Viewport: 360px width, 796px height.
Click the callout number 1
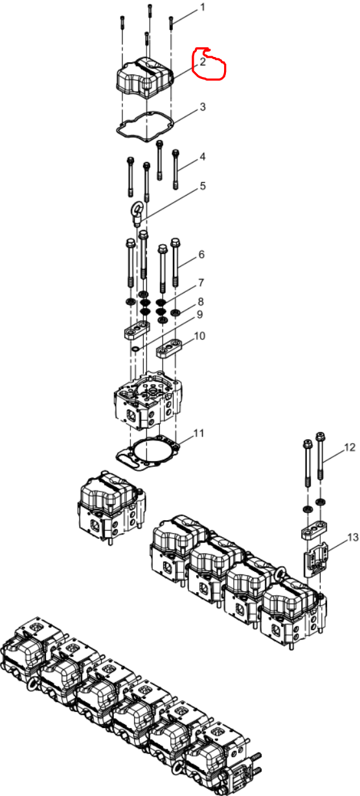click(203, 8)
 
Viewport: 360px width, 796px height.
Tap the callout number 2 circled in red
click(203, 62)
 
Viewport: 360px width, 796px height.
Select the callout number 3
click(203, 107)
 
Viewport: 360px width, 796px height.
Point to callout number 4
click(203, 157)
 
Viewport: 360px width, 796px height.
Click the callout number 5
click(203, 186)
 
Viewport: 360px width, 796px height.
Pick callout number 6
click(201, 255)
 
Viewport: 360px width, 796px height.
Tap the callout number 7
click(201, 283)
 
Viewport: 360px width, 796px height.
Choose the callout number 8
click(201, 302)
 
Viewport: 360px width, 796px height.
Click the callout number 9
click(199, 315)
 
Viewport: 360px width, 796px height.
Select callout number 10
click(199, 335)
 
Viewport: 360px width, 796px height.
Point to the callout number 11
click(199, 433)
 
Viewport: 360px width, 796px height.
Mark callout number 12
click(350, 448)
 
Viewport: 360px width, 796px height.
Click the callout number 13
click(352, 538)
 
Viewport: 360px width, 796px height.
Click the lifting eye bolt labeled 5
click(137, 214)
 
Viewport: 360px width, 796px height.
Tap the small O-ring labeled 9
click(136, 350)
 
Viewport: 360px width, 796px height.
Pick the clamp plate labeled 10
click(169, 347)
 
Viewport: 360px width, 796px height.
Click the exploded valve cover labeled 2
click(144, 78)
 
